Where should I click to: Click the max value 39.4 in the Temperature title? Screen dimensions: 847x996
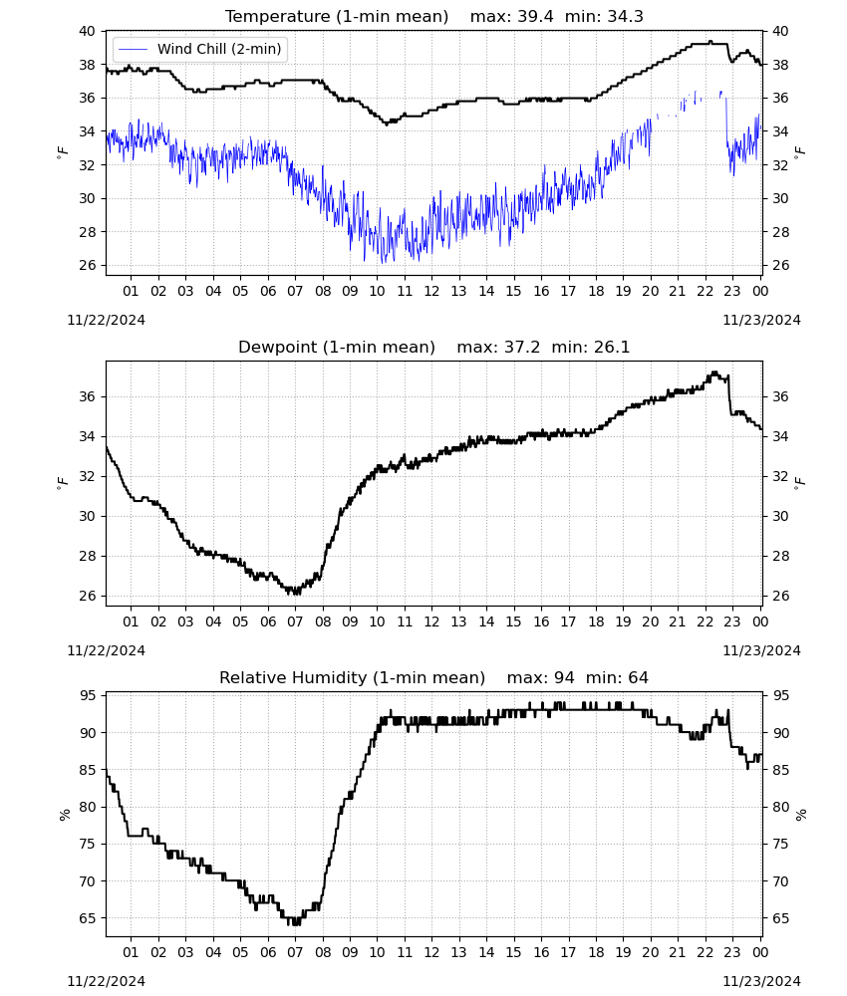coord(534,17)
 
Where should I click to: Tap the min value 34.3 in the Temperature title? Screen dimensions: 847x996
coord(625,17)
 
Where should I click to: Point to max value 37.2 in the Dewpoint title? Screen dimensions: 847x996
coord(521,348)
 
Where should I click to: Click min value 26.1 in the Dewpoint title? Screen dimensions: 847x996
coord(611,348)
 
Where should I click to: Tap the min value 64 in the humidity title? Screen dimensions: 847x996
coord(638,677)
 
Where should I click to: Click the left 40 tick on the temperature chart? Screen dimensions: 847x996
coord(87,31)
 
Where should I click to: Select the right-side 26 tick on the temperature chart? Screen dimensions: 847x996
coord(780,265)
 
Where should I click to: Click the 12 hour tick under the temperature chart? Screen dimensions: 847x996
coord(431,291)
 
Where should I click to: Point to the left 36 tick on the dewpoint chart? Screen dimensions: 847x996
coord(87,396)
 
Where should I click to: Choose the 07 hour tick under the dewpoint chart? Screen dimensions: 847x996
coord(295,622)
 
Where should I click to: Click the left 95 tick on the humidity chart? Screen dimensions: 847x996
coord(87,695)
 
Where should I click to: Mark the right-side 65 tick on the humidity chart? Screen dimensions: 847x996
coord(780,918)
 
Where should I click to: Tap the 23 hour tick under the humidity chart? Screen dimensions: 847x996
coord(732,952)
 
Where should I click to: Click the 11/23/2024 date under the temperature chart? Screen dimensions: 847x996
coord(761,320)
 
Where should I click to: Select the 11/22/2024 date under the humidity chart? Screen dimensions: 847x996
coord(106,981)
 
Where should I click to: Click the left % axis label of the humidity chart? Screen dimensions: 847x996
coord(65,815)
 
